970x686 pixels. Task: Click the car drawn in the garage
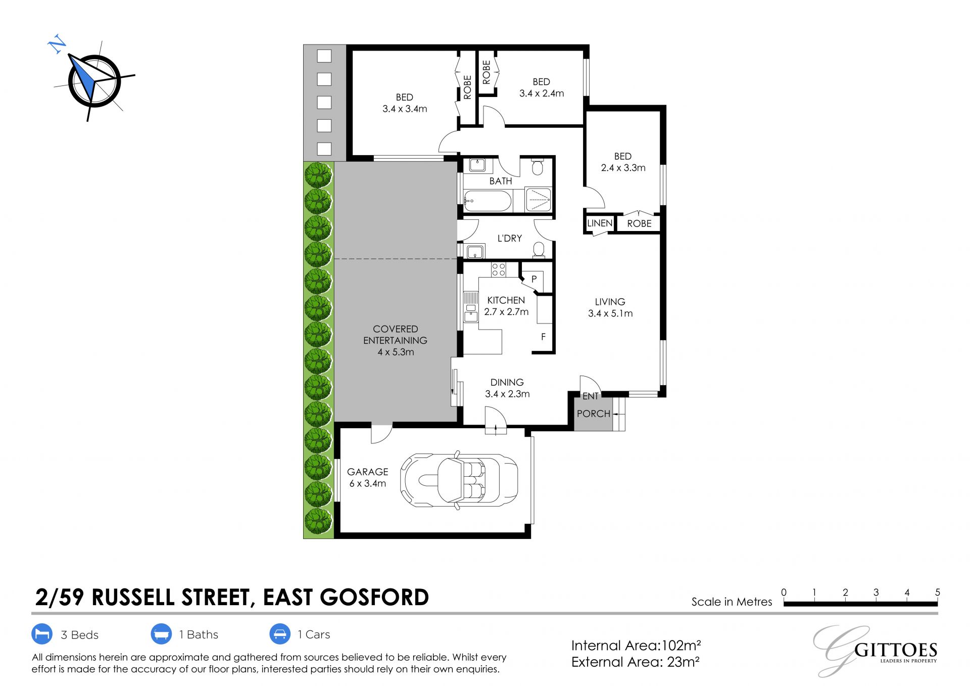459,478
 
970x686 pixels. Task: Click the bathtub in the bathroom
488,201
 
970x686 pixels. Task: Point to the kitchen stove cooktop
499,269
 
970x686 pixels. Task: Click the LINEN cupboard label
600,223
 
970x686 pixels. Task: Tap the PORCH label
594,414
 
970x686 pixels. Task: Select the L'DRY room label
509,238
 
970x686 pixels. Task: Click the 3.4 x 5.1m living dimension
610,313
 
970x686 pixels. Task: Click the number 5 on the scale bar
938,592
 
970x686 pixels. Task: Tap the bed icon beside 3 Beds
42,634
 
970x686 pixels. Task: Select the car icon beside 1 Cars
280,634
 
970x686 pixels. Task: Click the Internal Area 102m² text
636,646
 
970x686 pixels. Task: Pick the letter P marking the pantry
534,279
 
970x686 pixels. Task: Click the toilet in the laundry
539,250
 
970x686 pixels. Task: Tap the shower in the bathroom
539,199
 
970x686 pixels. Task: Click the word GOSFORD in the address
374,597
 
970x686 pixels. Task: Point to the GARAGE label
367,472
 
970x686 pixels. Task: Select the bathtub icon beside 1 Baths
161,634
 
